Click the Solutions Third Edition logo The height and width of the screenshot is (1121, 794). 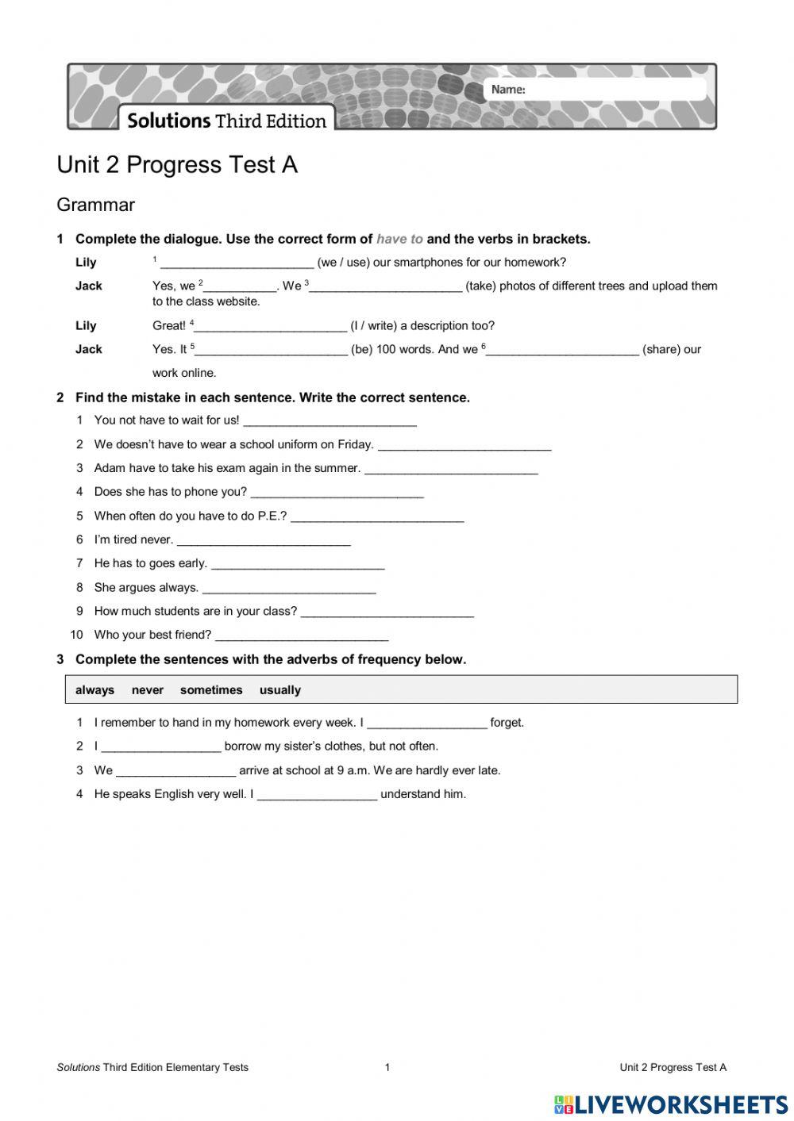pyautogui.click(x=227, y=121)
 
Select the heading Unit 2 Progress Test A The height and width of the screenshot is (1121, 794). pyautogui.click(x=177, y=164)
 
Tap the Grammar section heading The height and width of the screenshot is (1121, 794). pyautogui.click(x=95, y=205)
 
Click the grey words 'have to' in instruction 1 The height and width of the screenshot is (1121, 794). pyautogui.click(x=399, y=239)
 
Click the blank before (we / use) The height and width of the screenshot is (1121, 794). pyautogui.click(x=237, y=263)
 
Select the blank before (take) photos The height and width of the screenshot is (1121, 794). pyautogui.click(x=386, y=287)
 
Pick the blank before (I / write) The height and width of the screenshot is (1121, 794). pyautogui.click(x=271, y=327)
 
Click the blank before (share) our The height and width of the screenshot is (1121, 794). pyautogui.click(x=562, y=351)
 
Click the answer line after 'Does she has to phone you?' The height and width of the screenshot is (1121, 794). pyautogui.click(x=337, y=493)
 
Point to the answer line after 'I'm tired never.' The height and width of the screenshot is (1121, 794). pyautogui.click(x=264, y=541)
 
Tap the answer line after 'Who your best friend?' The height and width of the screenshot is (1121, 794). pyautogui.click(x=302, y=636)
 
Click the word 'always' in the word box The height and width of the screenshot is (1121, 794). pyautogui.click(x=94, y=690)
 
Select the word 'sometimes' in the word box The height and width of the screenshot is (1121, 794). pyautogui.click(x=211, y=690)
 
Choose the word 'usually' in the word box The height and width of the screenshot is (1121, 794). pyautogui.click(x=279, y=690)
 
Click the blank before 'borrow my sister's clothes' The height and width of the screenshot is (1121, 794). pyautogui.click(x=161, y=747)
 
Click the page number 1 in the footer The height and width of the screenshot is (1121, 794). pyautogui.click(x=387, y=1067)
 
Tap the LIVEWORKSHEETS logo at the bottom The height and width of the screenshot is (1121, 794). pyautogui.click(x=671, y=1104)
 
